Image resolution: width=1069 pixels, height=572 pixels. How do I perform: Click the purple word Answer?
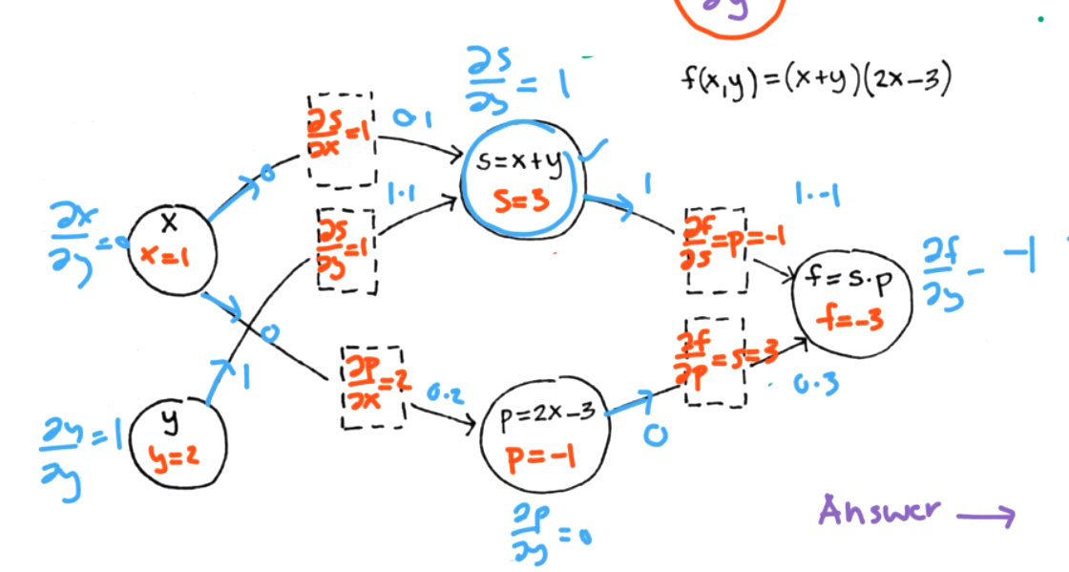(x=872, y=512)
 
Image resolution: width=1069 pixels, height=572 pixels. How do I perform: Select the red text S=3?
(x=521, y=202)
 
